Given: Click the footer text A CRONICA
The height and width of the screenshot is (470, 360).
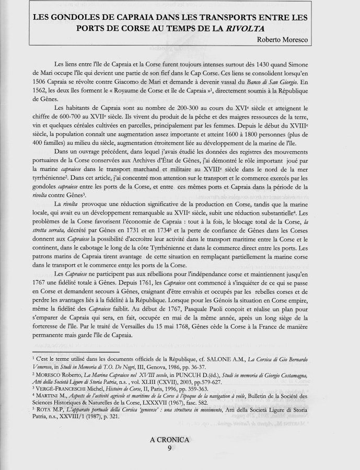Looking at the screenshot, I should [169, 440].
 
